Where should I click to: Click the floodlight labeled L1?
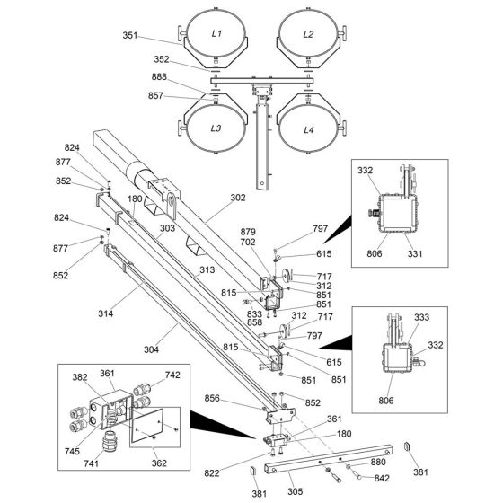point(216,34)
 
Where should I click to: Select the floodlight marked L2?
point(308,34)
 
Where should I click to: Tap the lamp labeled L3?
point(216,128)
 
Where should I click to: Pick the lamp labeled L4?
point(308,129)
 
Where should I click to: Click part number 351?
point(130,35)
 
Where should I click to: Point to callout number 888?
point(159,76)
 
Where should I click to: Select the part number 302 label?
point(238,198)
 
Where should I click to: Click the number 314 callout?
point(106,313)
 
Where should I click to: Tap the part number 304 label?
point(151,349)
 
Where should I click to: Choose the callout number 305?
point(296,491)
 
